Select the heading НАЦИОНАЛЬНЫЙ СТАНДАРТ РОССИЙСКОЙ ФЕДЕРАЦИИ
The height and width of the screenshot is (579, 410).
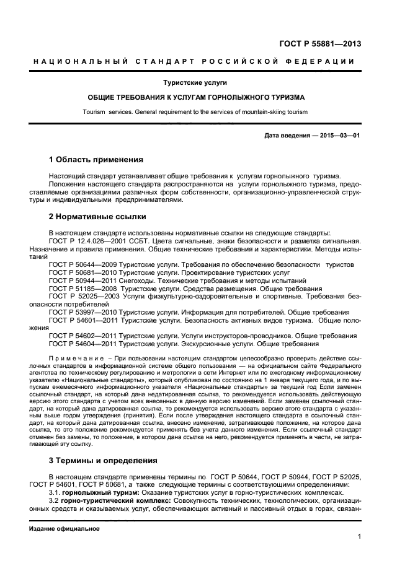tap(194, 61)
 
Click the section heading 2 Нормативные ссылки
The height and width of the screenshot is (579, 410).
tap(97, 217)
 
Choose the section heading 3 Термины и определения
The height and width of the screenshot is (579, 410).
tap(103, 460)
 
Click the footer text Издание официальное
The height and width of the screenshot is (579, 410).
tap(65, 529)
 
